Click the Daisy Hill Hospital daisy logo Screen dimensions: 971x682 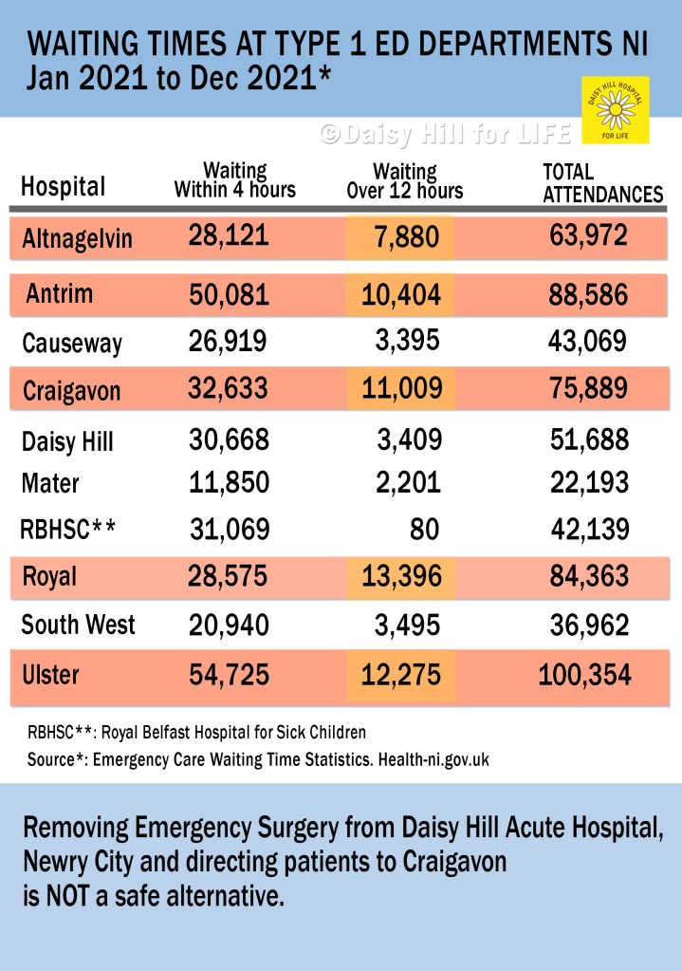pyautogui.click(x=615, y=111)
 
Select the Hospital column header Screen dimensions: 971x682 pyautogui.click(x=63, y=186)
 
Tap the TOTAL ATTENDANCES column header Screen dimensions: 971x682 pyautogui.click(x=601, y=183)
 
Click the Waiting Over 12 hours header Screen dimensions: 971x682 pyautogui.click(x=405, y=181)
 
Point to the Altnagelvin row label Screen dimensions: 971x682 pyautogui.click(x=77, y=239)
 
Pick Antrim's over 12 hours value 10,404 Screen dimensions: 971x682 pyautogui.click(x=400, y=295)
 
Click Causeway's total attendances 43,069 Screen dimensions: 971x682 pyautogui.click(x=588, y=342)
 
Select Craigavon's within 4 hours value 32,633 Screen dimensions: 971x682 pyautogui.click(x=228, y=388)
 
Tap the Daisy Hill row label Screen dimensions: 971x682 pyautogui.click(x=67, y=441)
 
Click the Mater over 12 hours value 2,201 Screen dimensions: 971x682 pyautogui.click(x=407, y=483)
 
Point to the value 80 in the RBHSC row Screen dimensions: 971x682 pyautogui.click(x=423, y=529)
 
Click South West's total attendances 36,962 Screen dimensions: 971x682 pyautogui.click(x=588, y=625)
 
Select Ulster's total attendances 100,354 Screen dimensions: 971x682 pyautogui.click(x=584, y=676)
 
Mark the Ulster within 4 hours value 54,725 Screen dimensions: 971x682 pyautogui.click(x=228, y=676)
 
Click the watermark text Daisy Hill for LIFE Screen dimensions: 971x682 pyautogui.click(x=445, y=135)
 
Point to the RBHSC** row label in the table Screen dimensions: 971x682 pyautogui.click(x=67, y=530)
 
